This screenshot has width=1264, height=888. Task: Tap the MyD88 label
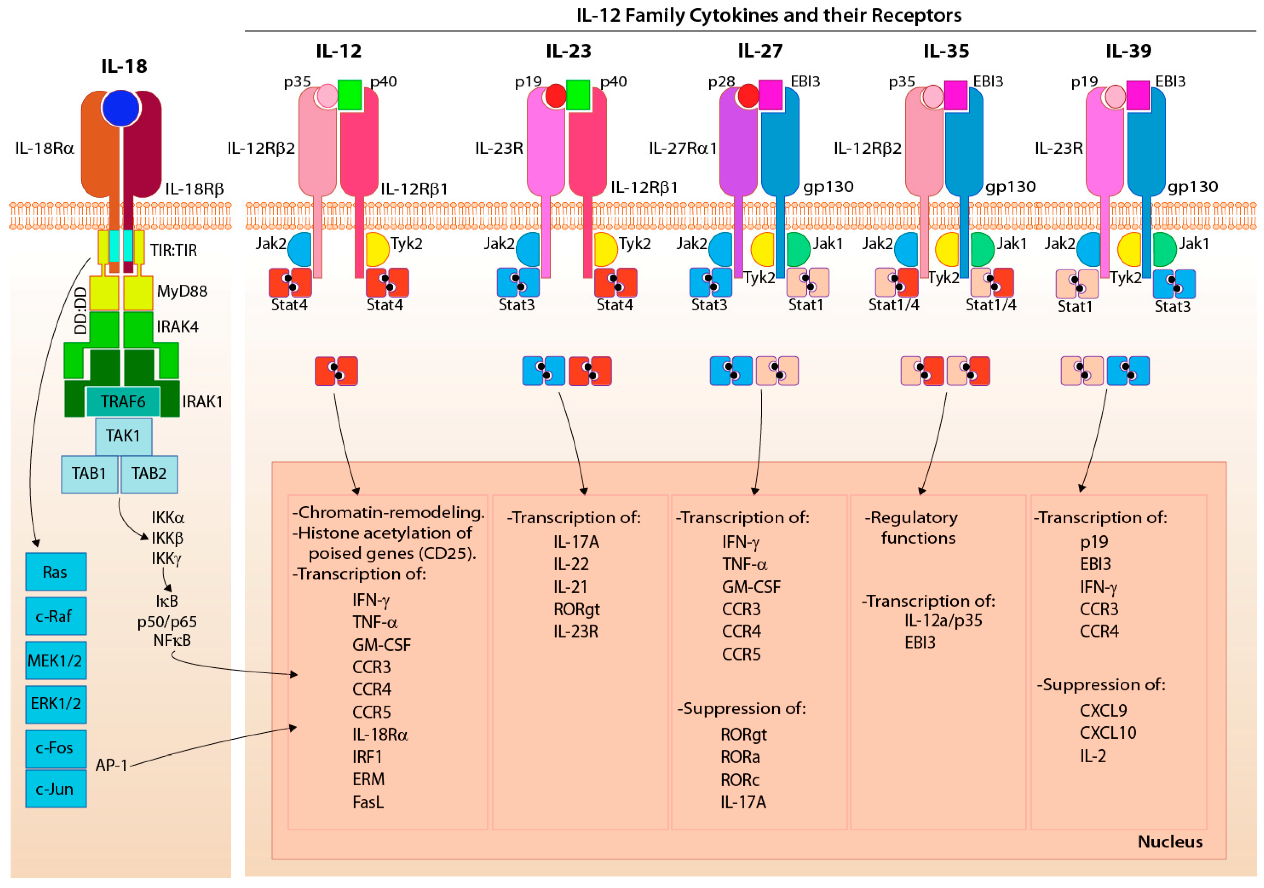(x=182, y=291)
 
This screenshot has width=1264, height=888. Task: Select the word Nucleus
(x=1170, y=842)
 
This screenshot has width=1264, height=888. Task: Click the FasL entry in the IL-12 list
(x=368, y=802)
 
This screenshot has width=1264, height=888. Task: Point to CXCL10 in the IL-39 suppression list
(x=1108, y=733)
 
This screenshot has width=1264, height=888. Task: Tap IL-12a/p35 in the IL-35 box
(x=943, y=621)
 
